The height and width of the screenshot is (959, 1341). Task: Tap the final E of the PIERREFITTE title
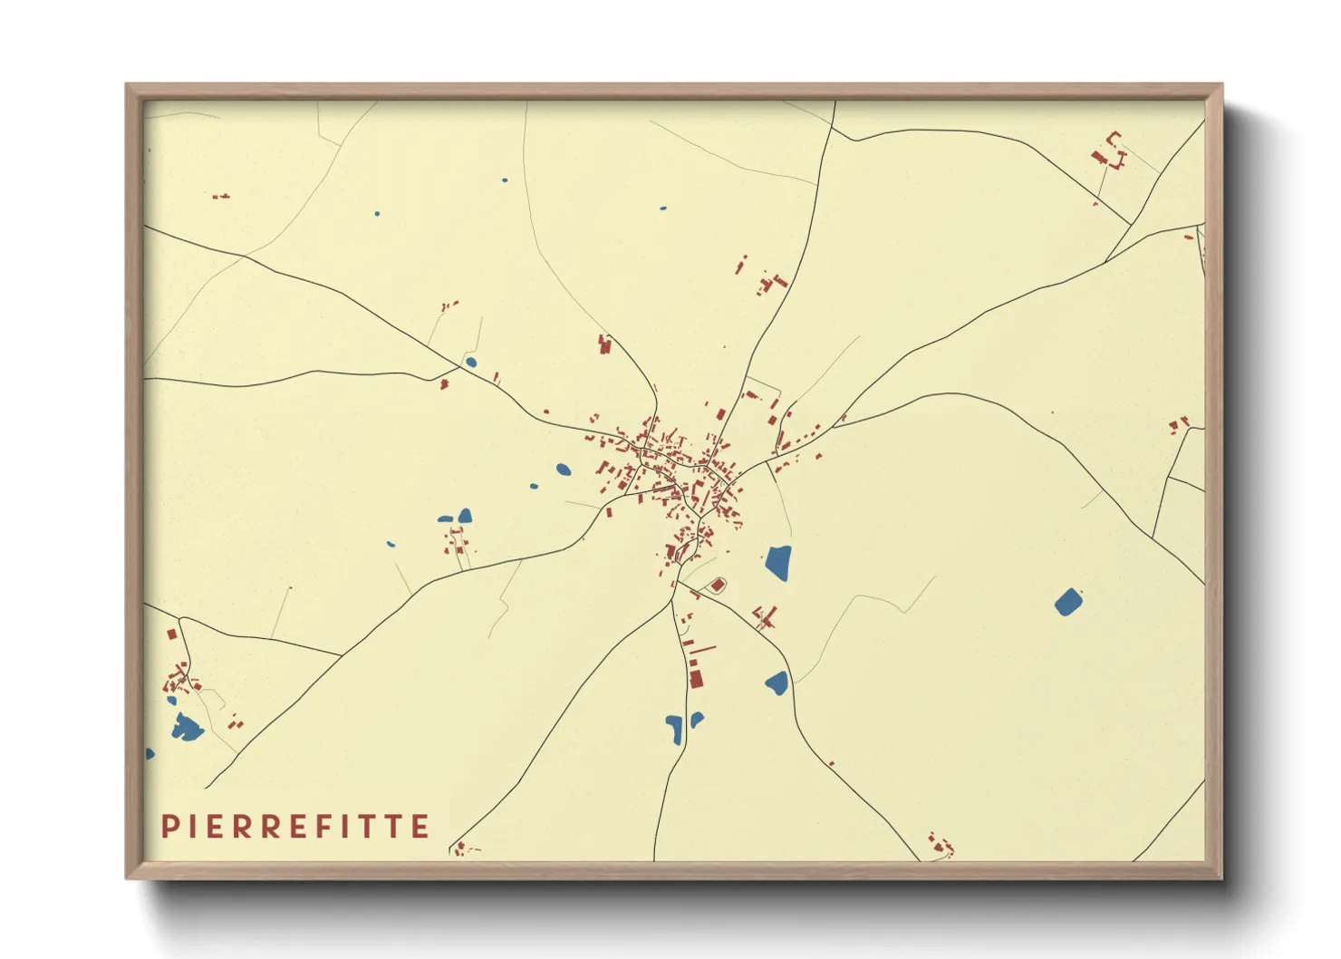[x=420, y=827]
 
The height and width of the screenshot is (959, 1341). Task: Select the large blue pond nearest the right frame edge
[x=1068, y=602]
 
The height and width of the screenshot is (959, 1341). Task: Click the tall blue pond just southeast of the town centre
[x=778, y=563]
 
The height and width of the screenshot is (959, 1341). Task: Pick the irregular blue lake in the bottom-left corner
[x=187, y=727]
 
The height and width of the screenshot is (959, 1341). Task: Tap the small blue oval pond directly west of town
[x=564, y=470]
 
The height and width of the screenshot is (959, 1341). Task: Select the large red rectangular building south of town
[x=696, y=678]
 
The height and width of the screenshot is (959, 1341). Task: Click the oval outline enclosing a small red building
[x=717, y=586]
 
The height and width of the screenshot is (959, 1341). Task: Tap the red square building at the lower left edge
[x=171, y=634]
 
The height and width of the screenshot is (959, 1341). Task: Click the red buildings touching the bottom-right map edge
[x=939, y=845]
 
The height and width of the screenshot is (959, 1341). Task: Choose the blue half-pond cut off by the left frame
[x=150, y=753]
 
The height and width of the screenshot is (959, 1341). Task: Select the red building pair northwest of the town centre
[x=604, y=344]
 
